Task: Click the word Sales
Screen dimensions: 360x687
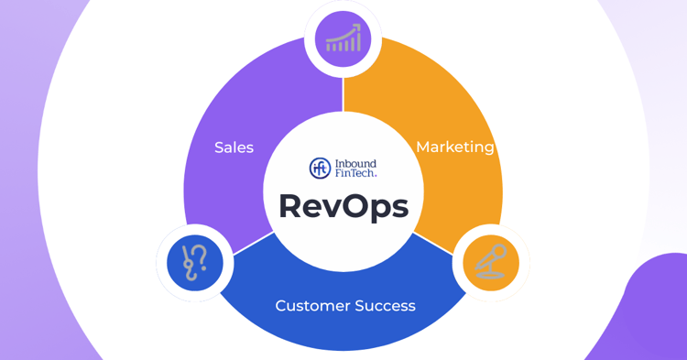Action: click(234, 147)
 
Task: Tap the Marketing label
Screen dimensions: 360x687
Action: click(454, 147)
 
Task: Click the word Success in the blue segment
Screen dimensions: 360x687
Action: click(387, 306)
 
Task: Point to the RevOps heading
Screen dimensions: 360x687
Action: click(343, 206)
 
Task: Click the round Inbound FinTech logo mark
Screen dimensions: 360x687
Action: click(320, 168)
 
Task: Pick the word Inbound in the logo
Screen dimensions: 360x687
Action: click(355, 163)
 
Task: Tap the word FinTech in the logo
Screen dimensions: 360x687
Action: click(355, 173)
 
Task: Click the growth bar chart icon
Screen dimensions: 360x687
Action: click(343, 38)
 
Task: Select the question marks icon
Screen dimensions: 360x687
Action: click(195, 263)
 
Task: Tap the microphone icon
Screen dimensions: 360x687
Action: click(491, 262)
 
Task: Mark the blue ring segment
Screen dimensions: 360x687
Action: click(343, 325)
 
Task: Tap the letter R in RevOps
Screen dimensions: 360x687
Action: click(292, 206)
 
